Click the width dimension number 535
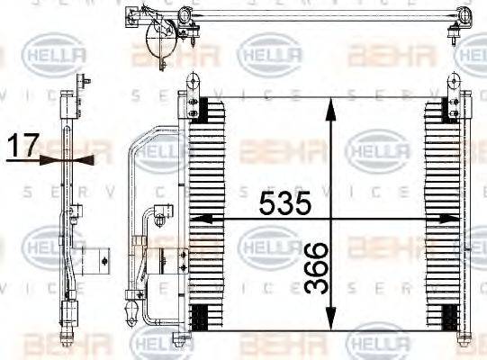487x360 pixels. coord(285,203)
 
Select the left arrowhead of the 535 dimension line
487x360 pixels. coord(200,218)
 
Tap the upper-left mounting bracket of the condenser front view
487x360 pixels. coord(192,85)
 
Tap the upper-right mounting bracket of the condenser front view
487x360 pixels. coord(464,85)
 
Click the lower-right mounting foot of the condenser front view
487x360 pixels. coord(464,340)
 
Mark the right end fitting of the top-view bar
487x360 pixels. coord(464,15)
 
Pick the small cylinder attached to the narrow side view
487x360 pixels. coord(95,261)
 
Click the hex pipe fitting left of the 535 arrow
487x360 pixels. coord(162,215)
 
